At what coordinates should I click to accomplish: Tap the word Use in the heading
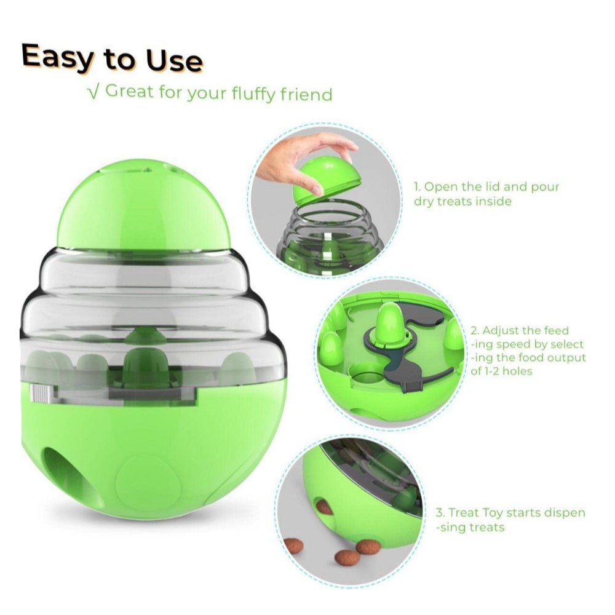tap(174, 60)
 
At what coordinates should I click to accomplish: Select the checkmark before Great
tap(93, 92)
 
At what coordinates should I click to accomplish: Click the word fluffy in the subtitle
tap(253, 94)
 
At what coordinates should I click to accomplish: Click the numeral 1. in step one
tap(418, 187)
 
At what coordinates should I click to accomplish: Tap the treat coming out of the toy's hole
tap(324, 507)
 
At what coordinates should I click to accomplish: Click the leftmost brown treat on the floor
tap(293, 546)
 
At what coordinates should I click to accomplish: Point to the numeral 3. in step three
tap(440, 513)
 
